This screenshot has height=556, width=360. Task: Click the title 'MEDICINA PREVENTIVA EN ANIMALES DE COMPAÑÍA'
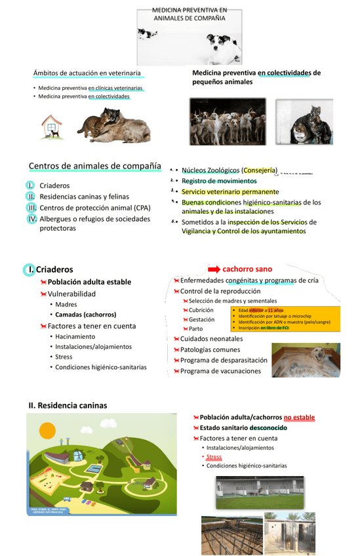tap(189, 14)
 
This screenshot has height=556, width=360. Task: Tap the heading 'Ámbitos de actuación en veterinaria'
tap(87, 73)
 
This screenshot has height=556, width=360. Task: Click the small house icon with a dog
tap(52, 127)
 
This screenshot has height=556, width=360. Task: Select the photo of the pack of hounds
tap(228, 121)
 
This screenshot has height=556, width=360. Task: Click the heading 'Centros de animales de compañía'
tap(94, 165)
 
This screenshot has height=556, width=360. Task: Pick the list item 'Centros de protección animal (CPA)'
tap(95, 208)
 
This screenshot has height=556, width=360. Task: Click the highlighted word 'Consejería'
tap(260, 170)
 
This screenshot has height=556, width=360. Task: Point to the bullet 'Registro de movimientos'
tap(219, 181)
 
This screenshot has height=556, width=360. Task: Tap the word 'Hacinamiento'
tap(75, 336)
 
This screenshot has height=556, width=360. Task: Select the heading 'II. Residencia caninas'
tap(68, 406)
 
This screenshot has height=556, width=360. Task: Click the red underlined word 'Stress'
tap(214, 457)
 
